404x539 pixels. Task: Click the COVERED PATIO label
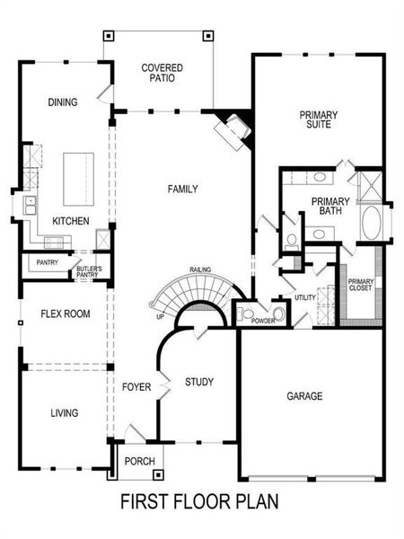162,72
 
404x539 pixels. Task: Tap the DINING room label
63,102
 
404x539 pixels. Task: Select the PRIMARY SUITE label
316,119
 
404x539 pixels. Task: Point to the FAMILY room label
182,189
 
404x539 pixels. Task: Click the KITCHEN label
69,221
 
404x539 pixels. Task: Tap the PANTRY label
47,262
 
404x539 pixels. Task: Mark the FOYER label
136,386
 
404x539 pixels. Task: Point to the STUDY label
199,382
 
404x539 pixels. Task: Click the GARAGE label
304,395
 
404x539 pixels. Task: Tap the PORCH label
140,462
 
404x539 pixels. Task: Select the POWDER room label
263,321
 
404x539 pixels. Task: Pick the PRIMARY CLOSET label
361,286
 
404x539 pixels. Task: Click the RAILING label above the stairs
200,270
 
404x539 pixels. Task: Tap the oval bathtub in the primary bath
371,224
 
